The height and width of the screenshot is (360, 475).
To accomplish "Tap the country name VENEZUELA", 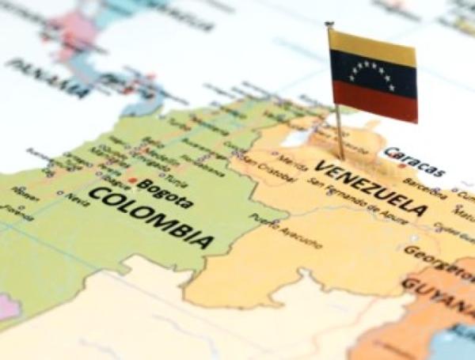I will (x=370, y=188).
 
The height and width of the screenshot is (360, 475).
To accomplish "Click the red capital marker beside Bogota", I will (x=142, y=184).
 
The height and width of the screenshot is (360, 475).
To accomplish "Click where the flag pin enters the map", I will (x=341, y=157).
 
